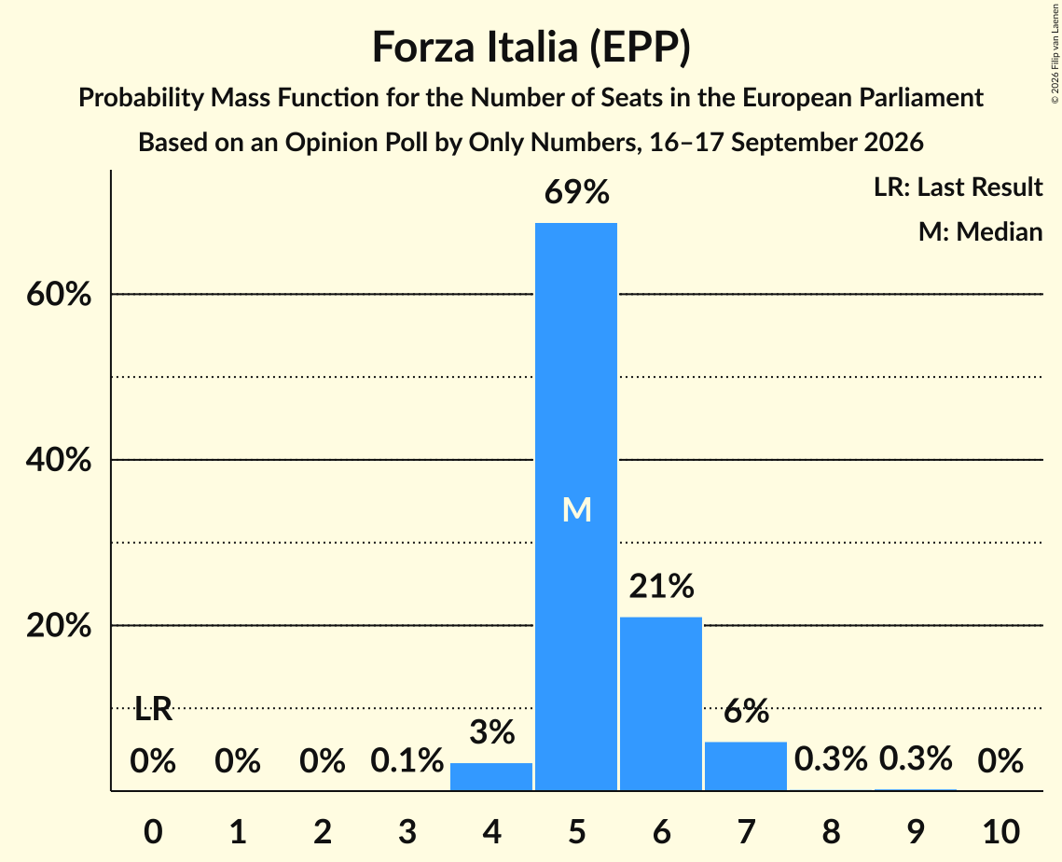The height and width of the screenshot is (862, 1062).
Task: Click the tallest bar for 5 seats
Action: pyautogui.click(x=576, y=507)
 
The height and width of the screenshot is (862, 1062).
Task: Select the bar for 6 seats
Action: pyautogui.click(x=661, y=703)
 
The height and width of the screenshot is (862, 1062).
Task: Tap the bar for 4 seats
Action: pyautogui.click(x=491, y=776)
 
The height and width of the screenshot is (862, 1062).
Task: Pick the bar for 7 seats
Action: pyautogui.click(x=746, y=766)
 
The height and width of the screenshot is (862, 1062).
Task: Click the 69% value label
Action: pyautogui.click(x=577, y=192)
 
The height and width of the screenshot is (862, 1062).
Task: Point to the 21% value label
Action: pyautogui.click(x=662, y=586)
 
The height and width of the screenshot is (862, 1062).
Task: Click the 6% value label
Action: pyautogui.click(x=746, y=711)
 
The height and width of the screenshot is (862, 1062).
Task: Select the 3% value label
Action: pyautogui.click(x=492, y=732)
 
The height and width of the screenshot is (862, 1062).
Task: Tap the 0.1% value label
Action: pyautogui.click(x=407, y=760)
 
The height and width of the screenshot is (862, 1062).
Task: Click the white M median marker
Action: pyautogui.click(x=577, y=509)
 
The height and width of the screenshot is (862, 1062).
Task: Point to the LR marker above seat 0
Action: pyautogui.click(x=153, y=710)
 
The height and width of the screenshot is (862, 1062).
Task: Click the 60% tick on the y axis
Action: pyautogui.click(x=59, y=295)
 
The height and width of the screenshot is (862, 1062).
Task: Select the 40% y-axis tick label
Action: pyautogui.click(x=59, y=460)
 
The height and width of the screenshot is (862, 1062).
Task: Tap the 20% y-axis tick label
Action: pyautogui.click(x=59, y=626)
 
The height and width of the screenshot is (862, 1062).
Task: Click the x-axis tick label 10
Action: pyautogui.click(x=1001, y=831)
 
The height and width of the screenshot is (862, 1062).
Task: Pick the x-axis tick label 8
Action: pyautogui.click(x=831, y=831)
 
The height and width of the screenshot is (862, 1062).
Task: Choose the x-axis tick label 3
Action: pyautogui.click(x=407, y=831)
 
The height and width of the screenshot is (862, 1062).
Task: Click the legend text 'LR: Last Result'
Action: pyautogui.click(x=958, y=187)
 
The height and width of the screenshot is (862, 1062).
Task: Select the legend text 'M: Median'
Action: pyautogui.click(x=981, y=231)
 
